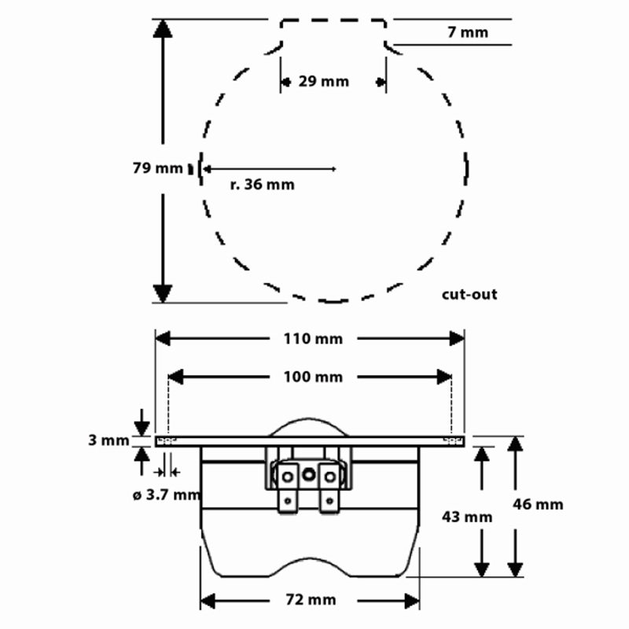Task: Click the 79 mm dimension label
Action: (x=157, y=167)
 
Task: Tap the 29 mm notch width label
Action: (x=324, y=81)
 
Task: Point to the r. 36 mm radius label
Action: (x=263, y=185)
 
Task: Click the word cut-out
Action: (x=469, y=295)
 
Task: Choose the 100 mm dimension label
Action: (x=313, y=377)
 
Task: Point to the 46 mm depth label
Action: (x=538, y=505)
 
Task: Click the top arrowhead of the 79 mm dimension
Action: (x=163, y=28)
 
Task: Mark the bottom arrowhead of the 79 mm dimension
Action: (x=163, y=292)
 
